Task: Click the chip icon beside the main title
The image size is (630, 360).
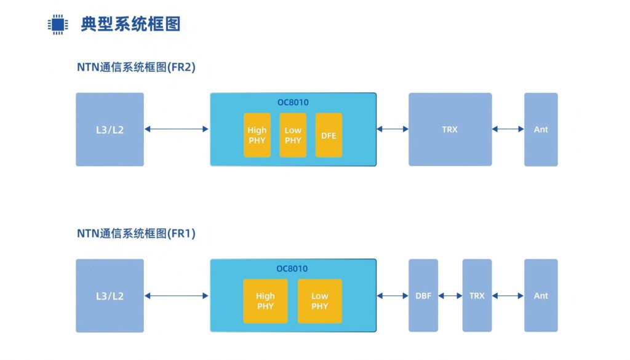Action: tap(57, 24)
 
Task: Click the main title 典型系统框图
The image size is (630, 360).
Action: tap(130, 24)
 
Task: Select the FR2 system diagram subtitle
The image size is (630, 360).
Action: tap(136, 67)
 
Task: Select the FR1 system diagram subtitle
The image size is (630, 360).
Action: tap(136, 233)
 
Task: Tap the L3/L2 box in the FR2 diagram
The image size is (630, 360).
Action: tap(110, 129)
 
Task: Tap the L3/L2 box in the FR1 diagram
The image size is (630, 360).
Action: tap(110, 295)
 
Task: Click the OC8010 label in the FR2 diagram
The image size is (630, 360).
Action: tap(292, 102)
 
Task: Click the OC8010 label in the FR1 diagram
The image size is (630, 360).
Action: tap(292, 268)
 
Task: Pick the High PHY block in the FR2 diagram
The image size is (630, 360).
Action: tap(257, 135)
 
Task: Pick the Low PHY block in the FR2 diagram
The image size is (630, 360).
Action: tap(293, 135)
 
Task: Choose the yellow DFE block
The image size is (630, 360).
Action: tap(329, 135)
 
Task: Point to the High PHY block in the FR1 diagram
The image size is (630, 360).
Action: tap(265, 301)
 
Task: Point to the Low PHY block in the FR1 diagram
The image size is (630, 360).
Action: tap(319, 301)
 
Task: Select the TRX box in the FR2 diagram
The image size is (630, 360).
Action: tap(450, 129)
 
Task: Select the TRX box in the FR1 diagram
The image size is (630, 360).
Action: tap(477, 295)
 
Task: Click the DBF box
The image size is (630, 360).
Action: tap(423, 295)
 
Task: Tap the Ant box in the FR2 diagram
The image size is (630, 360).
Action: tap(541, 129)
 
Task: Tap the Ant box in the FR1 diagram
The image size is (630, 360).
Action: tap(541, 295)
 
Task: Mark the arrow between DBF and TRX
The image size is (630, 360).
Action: tap(450, 296)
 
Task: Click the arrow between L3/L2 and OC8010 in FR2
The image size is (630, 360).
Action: tap(177, 129)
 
